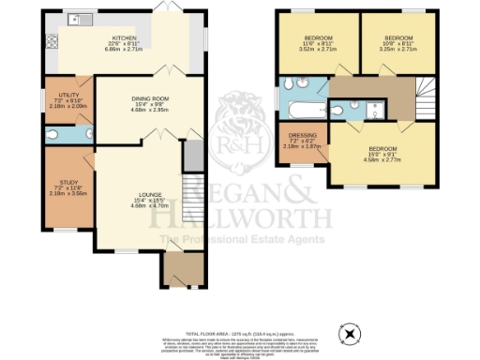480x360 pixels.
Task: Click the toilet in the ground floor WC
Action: [85, 134]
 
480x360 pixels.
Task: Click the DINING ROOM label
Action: [150, 103]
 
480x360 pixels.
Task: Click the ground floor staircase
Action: [193, 197]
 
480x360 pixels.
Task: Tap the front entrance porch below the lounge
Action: [174, 272]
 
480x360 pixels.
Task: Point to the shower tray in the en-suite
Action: [375, 106]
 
